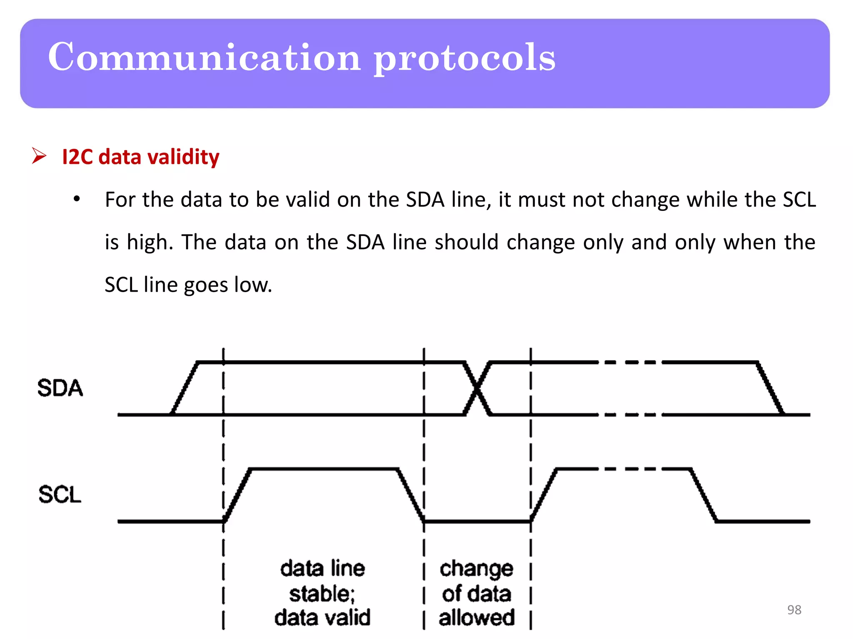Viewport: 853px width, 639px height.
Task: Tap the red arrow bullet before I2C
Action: (x=39, y=156)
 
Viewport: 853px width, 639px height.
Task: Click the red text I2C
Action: (x=77, y=157)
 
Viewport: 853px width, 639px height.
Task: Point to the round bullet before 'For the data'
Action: (x=77, y=199)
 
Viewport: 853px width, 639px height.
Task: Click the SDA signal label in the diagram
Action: (x=60, y=388)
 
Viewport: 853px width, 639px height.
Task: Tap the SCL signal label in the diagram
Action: (x=60, y=495)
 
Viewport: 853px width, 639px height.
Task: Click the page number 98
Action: (x=794, y=610)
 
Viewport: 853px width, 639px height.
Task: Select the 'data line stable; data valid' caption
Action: (x=322, y=593)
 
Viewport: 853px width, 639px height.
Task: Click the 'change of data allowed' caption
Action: (x=476, y=593)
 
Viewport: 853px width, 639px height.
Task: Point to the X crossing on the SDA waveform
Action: (x=477, y=389)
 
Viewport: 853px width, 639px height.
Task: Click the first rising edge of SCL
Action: (x=237, y=495)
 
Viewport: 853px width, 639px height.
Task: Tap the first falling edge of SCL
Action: (x=411, y=495)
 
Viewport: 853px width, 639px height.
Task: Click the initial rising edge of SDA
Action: (x=185, y=389)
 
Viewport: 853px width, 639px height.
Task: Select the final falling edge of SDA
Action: (x=771, y=389)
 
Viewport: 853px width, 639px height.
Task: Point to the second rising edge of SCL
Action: (x=544, y=495)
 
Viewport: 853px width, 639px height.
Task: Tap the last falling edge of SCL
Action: (x=704, y=495)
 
